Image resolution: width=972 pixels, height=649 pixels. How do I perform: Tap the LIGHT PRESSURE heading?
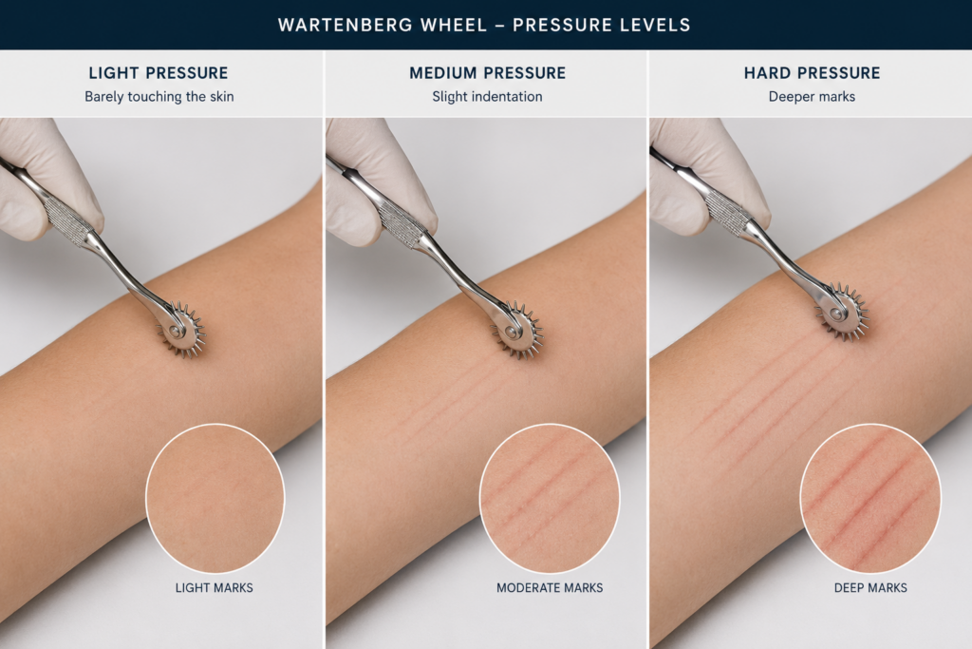pos(159,73)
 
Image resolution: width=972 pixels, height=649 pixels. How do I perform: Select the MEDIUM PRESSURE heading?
pos(487,73)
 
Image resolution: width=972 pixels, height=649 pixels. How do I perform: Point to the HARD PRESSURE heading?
pos(813,73)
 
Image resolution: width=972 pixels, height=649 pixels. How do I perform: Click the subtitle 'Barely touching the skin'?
pos(159,97)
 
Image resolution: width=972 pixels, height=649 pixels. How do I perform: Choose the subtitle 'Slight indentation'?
pos(487,97)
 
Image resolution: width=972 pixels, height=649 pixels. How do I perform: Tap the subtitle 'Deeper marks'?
pos(813,97)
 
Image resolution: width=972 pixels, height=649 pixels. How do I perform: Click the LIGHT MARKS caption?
pos(214,587)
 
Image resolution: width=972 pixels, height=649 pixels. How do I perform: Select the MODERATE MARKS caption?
pos(550,587)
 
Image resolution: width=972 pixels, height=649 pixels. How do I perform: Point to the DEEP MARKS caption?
pos(870,587)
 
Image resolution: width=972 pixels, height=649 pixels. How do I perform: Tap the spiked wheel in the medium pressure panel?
pos(517,330)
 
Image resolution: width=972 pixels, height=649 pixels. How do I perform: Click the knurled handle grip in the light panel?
pos(67,218)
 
